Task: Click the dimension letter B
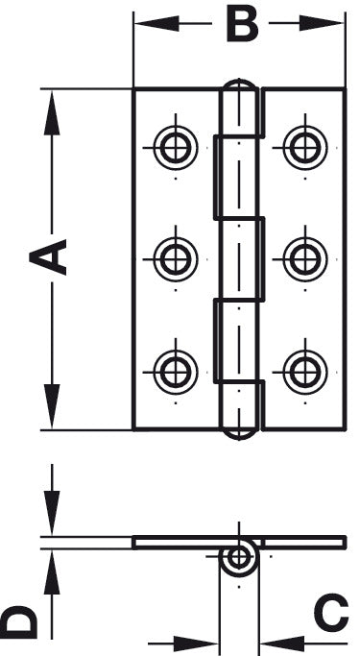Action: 241,24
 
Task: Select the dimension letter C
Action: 330,615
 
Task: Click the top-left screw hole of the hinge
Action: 176,148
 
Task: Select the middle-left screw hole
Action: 176,258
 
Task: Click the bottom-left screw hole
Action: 176,370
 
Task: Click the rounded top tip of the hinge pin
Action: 240,88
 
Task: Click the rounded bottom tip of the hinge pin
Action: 240,431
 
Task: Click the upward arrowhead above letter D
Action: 52,567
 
